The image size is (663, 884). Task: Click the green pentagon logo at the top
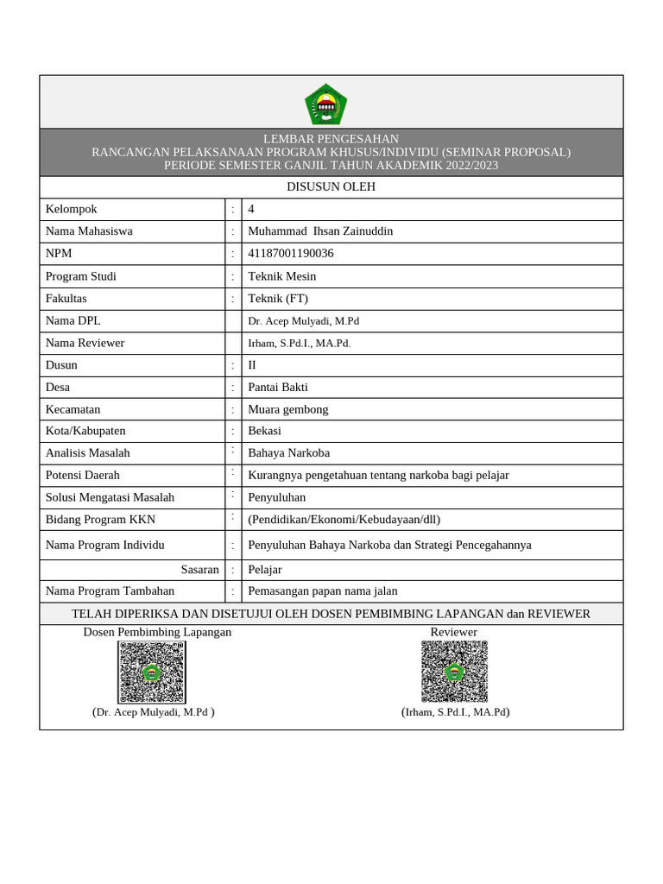coord(325,104)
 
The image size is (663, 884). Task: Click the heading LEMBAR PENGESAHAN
coord(331,139)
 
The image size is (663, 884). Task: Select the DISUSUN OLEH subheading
coord(331,187)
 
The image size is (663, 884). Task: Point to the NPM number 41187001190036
coord(290,254)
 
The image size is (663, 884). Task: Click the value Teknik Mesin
coord(281,276)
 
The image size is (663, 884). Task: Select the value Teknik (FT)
coord(277,299)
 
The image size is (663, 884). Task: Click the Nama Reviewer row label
coord(85,343)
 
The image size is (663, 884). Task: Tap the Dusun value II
coord(252,365)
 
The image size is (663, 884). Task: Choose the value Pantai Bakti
coord(277,388)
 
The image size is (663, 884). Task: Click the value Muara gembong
coord(287,409)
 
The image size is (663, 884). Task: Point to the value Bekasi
coord(264,431)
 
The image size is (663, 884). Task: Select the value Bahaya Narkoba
coord(288,453)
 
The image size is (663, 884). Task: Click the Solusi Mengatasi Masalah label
coord(110,497)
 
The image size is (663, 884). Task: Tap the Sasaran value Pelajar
coord(264,570)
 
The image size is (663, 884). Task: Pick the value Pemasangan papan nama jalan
coord(322,591)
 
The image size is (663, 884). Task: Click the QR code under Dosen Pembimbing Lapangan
coord(152,672)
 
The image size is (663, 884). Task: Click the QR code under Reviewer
coord(454,672)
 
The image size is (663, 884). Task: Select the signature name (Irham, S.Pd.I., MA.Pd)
coord(455,712)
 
